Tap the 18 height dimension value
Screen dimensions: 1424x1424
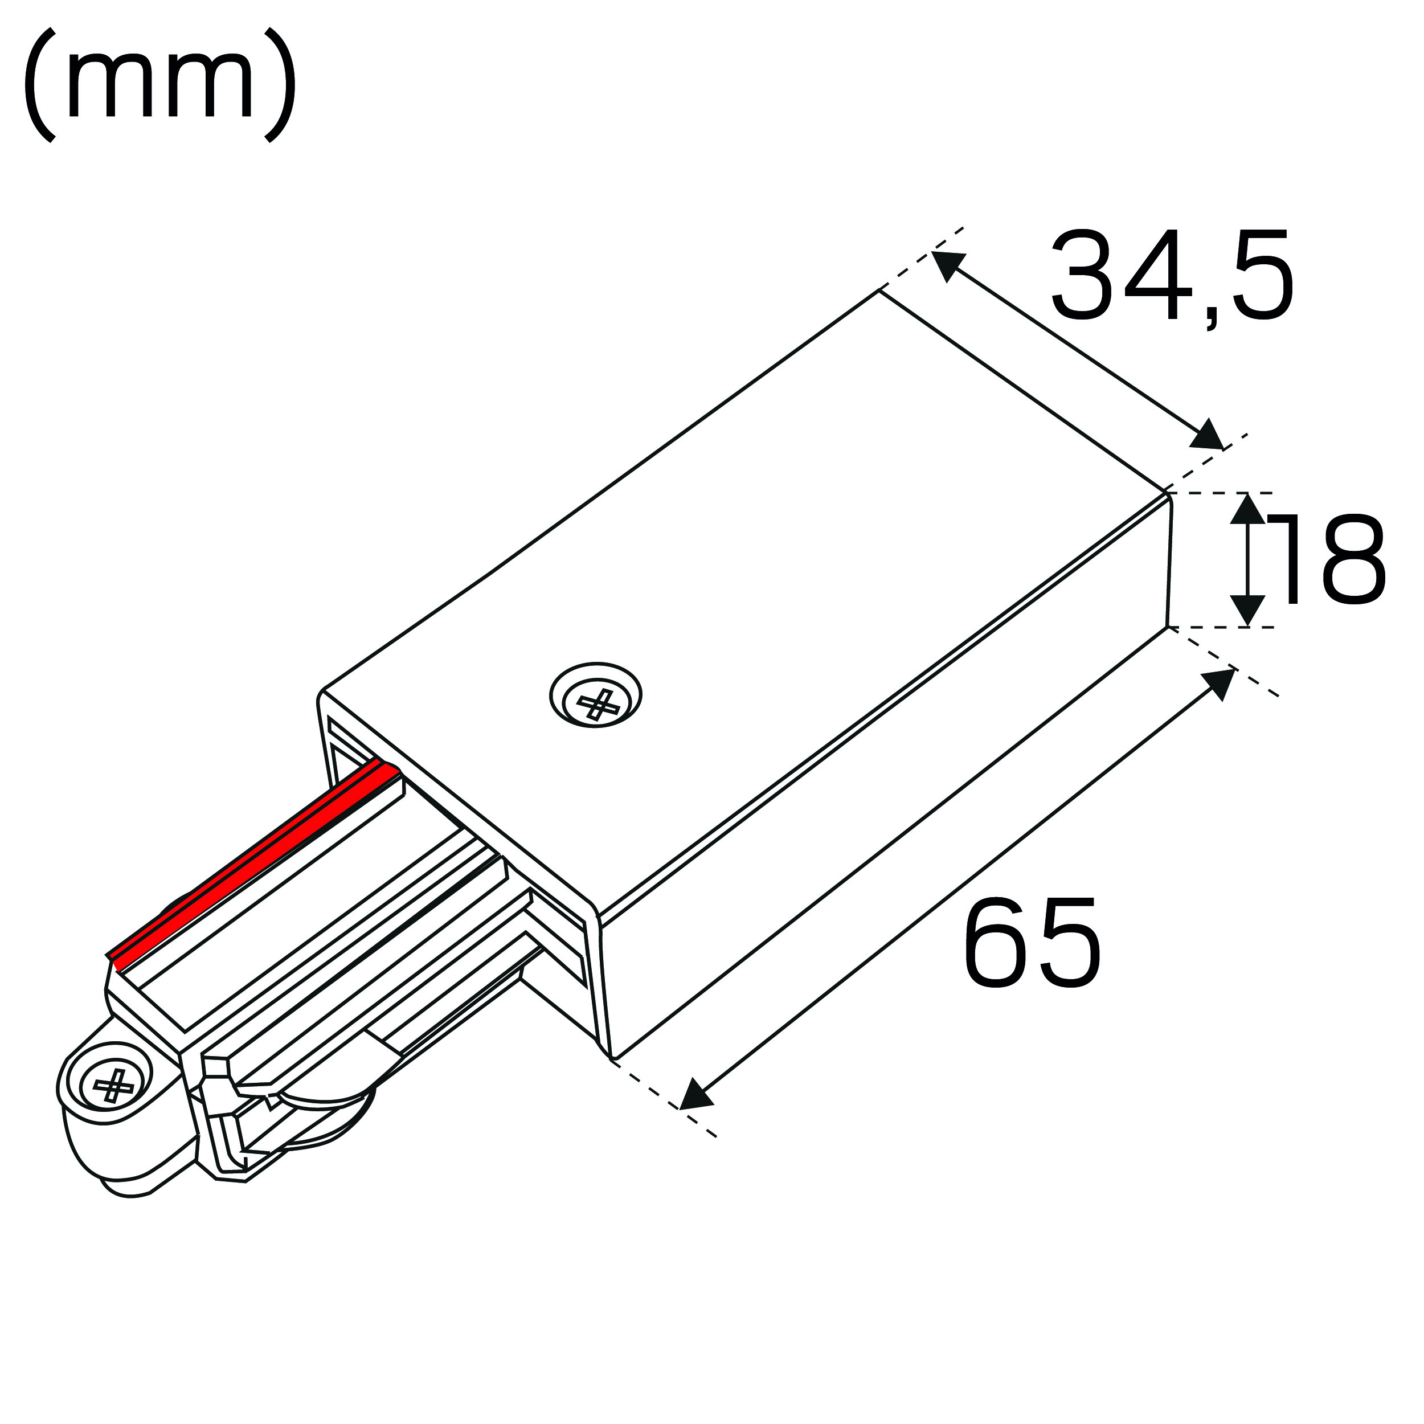[1327, 560]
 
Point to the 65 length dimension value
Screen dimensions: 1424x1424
[1032, 943]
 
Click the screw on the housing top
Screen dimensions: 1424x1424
[596, 694]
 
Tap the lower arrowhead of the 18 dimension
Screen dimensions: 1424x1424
[1247, 611]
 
